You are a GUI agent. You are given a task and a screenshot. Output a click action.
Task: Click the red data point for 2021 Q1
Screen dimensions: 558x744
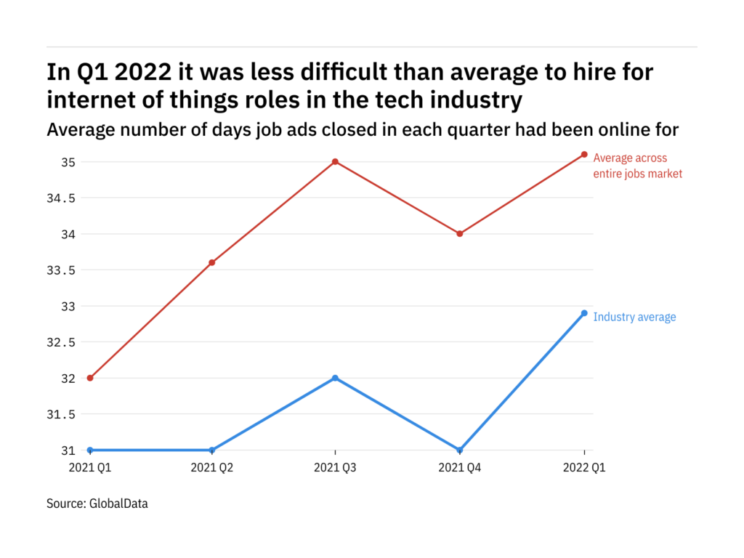click(90, 378)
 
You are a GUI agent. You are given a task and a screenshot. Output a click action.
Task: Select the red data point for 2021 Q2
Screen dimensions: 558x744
click(212, 262)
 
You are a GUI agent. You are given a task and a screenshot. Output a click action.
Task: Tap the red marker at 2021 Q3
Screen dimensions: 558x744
click(335, 161)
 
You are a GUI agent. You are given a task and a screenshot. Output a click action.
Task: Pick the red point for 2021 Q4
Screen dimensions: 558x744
click(460, 233)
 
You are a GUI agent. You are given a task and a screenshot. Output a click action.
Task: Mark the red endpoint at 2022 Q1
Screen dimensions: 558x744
click(584, 154)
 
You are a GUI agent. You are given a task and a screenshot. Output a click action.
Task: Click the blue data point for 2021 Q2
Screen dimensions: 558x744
click(212, 450)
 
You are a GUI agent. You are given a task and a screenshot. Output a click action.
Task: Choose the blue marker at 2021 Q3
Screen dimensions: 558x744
click(335, 378)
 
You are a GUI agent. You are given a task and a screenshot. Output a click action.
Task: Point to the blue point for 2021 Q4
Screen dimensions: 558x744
click(460, 450)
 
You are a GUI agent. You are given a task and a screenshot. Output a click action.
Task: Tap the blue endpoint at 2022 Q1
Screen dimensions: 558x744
click(584, 313)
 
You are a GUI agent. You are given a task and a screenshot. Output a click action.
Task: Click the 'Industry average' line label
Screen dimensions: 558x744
click(634, 317)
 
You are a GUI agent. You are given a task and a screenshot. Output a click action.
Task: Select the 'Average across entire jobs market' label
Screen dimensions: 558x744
click(637, 166)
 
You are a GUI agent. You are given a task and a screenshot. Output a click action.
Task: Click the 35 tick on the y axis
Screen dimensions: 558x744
click(68, 161)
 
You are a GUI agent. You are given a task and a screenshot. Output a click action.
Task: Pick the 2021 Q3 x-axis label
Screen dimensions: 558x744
click(335, 469)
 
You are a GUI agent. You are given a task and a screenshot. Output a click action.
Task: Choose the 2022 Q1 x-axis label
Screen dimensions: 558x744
click(584, 469)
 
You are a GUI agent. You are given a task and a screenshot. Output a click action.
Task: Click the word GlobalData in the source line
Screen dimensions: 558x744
click(118, 503)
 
